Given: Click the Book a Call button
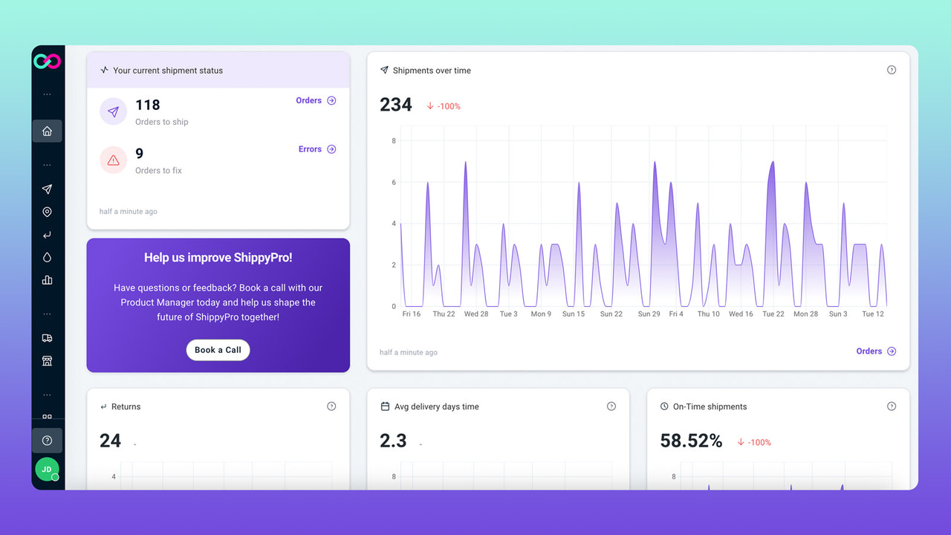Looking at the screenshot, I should coord(218,350).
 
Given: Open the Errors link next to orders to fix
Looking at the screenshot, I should coord(317,149).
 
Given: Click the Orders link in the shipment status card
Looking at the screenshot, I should coord(316,100).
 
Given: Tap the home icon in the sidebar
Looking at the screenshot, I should coord(47,132).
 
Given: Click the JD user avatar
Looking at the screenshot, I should coord(47,470).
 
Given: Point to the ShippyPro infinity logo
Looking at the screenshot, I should coord(47,62).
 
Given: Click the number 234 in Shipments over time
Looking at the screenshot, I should coord(396,106).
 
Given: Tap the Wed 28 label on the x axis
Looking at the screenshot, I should coord(476,314).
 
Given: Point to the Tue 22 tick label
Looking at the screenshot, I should coord(773,314).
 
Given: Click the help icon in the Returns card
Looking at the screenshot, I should coord(331,406).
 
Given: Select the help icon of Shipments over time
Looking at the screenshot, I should coord(892,70).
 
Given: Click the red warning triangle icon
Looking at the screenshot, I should coord(113,160).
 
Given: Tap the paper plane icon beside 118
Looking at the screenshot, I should coord(113,111).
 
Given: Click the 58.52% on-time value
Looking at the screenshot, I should coord(691,441).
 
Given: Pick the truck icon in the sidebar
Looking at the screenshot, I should coord(47,338).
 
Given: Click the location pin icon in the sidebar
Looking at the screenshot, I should coord(47,213).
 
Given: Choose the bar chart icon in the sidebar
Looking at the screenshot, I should coord(47,280).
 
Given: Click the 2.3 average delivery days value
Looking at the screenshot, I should coord(393,441).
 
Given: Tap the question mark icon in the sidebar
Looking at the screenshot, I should coord(47,441).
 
